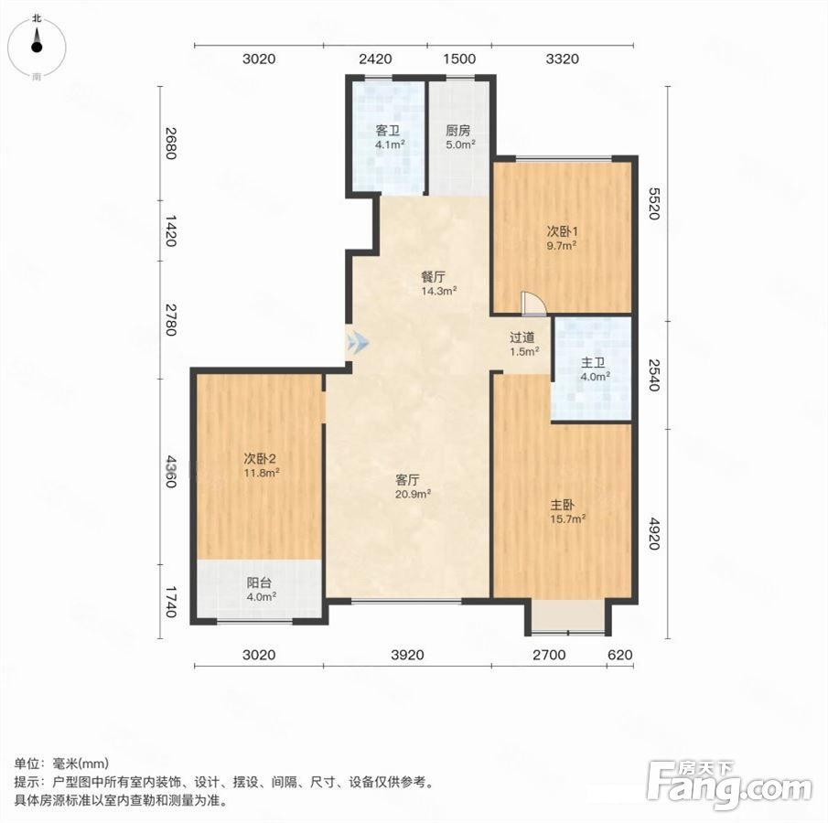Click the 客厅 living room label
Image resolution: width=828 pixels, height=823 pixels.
(408, 480)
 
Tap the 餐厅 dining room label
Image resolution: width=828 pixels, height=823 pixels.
(433, 277)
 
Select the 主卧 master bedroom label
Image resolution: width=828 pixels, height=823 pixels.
(562, 505)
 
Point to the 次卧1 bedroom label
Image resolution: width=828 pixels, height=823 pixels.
(563, 231)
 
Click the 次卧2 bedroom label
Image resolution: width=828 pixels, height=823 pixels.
(260, 459)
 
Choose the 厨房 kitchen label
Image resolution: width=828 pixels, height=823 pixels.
(457, 131)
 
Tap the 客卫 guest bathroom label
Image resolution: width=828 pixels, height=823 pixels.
(388, 131)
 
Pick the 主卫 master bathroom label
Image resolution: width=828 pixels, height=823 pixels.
(593, 363)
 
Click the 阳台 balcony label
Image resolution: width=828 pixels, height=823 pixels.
(259, 583)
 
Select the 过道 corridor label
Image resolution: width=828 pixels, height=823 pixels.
(522, 337)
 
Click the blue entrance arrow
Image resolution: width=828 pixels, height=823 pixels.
(358, 343)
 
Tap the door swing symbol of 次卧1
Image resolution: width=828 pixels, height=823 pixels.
(532, 305)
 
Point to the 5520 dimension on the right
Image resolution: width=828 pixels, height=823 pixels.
(654, 203)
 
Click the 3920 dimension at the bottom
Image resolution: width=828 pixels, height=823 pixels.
(408, 655)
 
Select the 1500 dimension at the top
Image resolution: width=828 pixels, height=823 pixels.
(459, 59)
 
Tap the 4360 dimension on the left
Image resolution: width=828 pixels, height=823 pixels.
(170, 472)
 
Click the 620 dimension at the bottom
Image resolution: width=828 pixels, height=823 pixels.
(620, 655)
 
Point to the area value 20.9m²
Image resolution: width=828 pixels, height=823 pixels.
(413, 494)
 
